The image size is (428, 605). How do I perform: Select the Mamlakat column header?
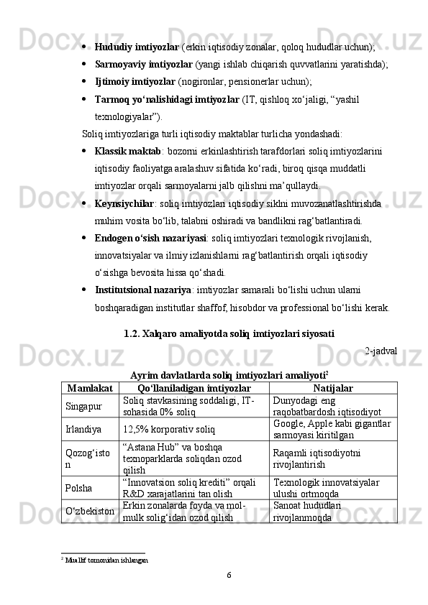tap(90, 388)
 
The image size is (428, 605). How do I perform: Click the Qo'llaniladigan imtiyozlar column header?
tap(194, 388)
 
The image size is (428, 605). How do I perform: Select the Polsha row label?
tap(78, 488)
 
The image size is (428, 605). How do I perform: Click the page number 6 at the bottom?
tap(228, 575)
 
